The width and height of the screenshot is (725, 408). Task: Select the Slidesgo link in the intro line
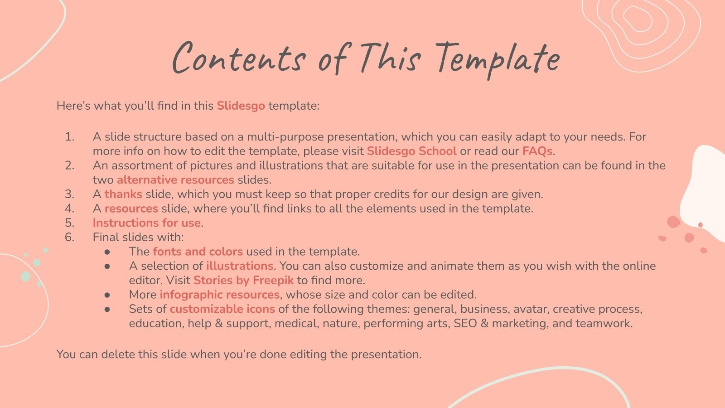click(241, 106)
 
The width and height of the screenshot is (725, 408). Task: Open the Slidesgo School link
click(411, 151)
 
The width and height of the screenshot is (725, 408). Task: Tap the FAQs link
click(537, 151)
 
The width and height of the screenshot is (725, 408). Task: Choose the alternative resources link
click(175, 180)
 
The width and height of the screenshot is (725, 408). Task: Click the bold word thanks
click(123, 194)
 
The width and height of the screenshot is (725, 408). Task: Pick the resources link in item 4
click(131, 209)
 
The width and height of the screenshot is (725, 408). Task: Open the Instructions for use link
click(147, 223)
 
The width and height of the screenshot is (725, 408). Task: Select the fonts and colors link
click(198, 252)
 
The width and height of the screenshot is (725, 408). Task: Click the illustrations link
click(239, 266)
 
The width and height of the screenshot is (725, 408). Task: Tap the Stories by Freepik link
click(243, 281)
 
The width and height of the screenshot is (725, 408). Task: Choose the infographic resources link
click(219, 295)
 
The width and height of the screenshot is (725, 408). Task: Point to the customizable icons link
click(222, 309)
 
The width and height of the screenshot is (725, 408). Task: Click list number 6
click(69, 237)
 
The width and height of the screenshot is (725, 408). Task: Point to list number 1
click(69, 137)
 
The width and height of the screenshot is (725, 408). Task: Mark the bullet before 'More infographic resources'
click(107, 295)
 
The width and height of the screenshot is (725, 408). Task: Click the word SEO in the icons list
click(465, 324)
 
